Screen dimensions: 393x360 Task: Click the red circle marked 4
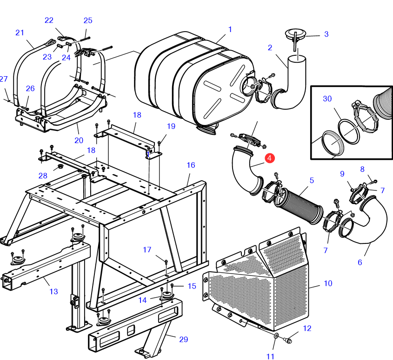pos(269,158)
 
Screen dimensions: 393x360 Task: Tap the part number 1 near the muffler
pos(230,30)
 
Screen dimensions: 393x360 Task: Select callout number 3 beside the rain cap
pos(326,34)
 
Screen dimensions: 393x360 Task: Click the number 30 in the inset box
pos(327,98)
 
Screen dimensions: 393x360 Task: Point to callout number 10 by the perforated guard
pos(328,283)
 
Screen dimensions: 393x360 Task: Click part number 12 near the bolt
pos(307,328)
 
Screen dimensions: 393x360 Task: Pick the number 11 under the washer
pos(270,356)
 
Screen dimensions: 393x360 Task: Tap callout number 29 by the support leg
pos(183,340)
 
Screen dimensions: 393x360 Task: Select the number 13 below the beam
pos(53,291)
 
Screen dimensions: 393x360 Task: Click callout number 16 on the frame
pos(191,165)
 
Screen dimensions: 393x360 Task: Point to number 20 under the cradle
pos(79,140)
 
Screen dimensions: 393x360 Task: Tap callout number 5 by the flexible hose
pos(312,180)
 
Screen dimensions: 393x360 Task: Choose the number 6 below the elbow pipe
pos(360,262)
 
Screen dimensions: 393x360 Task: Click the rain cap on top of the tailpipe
pos(296,34)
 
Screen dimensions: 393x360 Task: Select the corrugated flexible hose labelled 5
pos(298,206)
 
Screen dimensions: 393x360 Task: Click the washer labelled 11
pos(276,336)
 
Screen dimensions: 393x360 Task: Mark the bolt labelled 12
pos(288,340)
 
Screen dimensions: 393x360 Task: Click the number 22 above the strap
pos(49,20)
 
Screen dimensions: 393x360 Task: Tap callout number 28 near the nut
pos(43,176)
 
